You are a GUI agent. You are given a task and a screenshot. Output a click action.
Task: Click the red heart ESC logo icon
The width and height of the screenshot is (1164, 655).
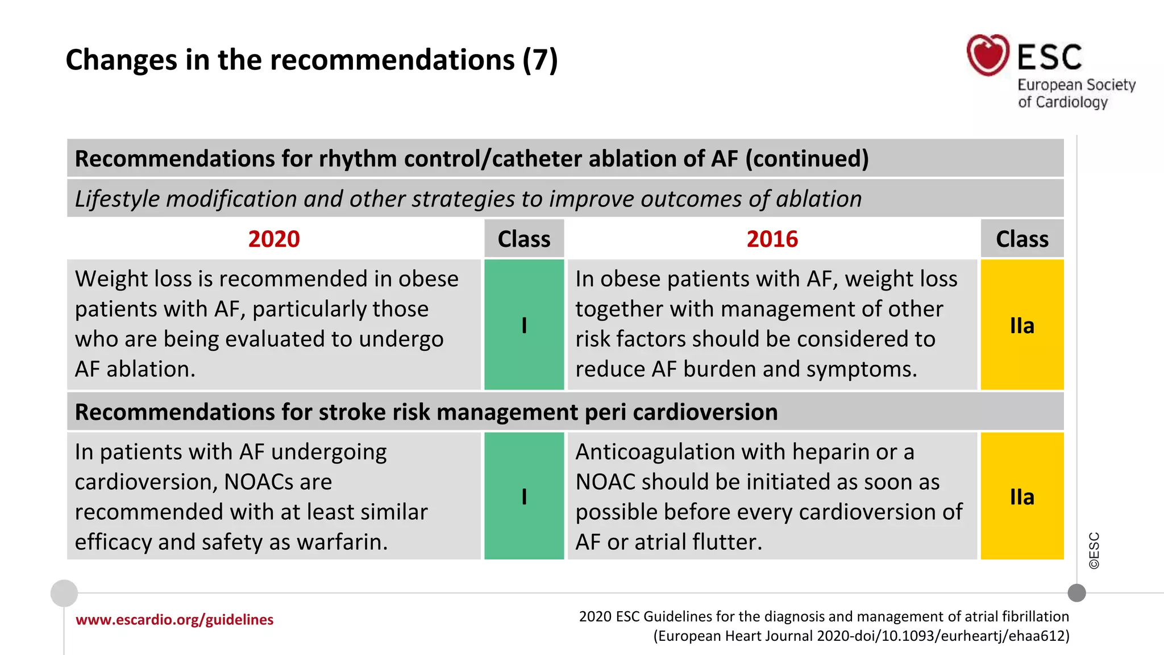(x=988, y=55)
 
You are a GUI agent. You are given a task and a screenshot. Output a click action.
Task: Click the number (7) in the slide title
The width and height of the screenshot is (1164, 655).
(x=540, y=60)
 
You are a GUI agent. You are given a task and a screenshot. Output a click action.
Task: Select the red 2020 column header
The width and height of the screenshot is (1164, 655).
(x=273, y=239)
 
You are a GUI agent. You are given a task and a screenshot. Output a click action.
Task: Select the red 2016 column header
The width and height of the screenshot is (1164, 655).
(x=772, y=239)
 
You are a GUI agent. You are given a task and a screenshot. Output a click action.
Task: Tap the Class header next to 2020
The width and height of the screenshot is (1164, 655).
(x=524, y=239)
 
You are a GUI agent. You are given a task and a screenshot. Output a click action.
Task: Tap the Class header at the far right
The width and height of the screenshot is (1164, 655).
(x=1022, y=239)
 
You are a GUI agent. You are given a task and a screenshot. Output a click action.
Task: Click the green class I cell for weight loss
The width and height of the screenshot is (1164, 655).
(x=524, y=325)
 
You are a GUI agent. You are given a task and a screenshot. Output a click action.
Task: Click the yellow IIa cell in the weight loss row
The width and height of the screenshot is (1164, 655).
(x=1022, y=325)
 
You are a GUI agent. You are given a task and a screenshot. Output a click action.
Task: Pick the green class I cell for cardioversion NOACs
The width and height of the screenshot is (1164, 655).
(x=524, y=496)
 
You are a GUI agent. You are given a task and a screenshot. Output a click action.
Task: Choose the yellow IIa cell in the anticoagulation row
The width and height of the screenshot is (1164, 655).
(x=1022, y=496)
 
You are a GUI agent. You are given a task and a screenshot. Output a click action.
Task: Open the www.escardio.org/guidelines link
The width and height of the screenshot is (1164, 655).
(x=174, y=619)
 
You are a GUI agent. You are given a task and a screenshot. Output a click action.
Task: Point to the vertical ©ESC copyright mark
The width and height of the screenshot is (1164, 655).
(x=1094, y=550)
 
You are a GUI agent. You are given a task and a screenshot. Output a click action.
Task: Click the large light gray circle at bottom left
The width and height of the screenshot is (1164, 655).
(x=64, y=593)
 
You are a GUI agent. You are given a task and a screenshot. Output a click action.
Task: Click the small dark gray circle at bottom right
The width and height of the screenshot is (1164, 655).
(x=1076, y=593)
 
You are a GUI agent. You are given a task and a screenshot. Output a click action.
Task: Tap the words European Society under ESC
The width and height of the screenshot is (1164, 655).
(x=1076, y=85)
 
